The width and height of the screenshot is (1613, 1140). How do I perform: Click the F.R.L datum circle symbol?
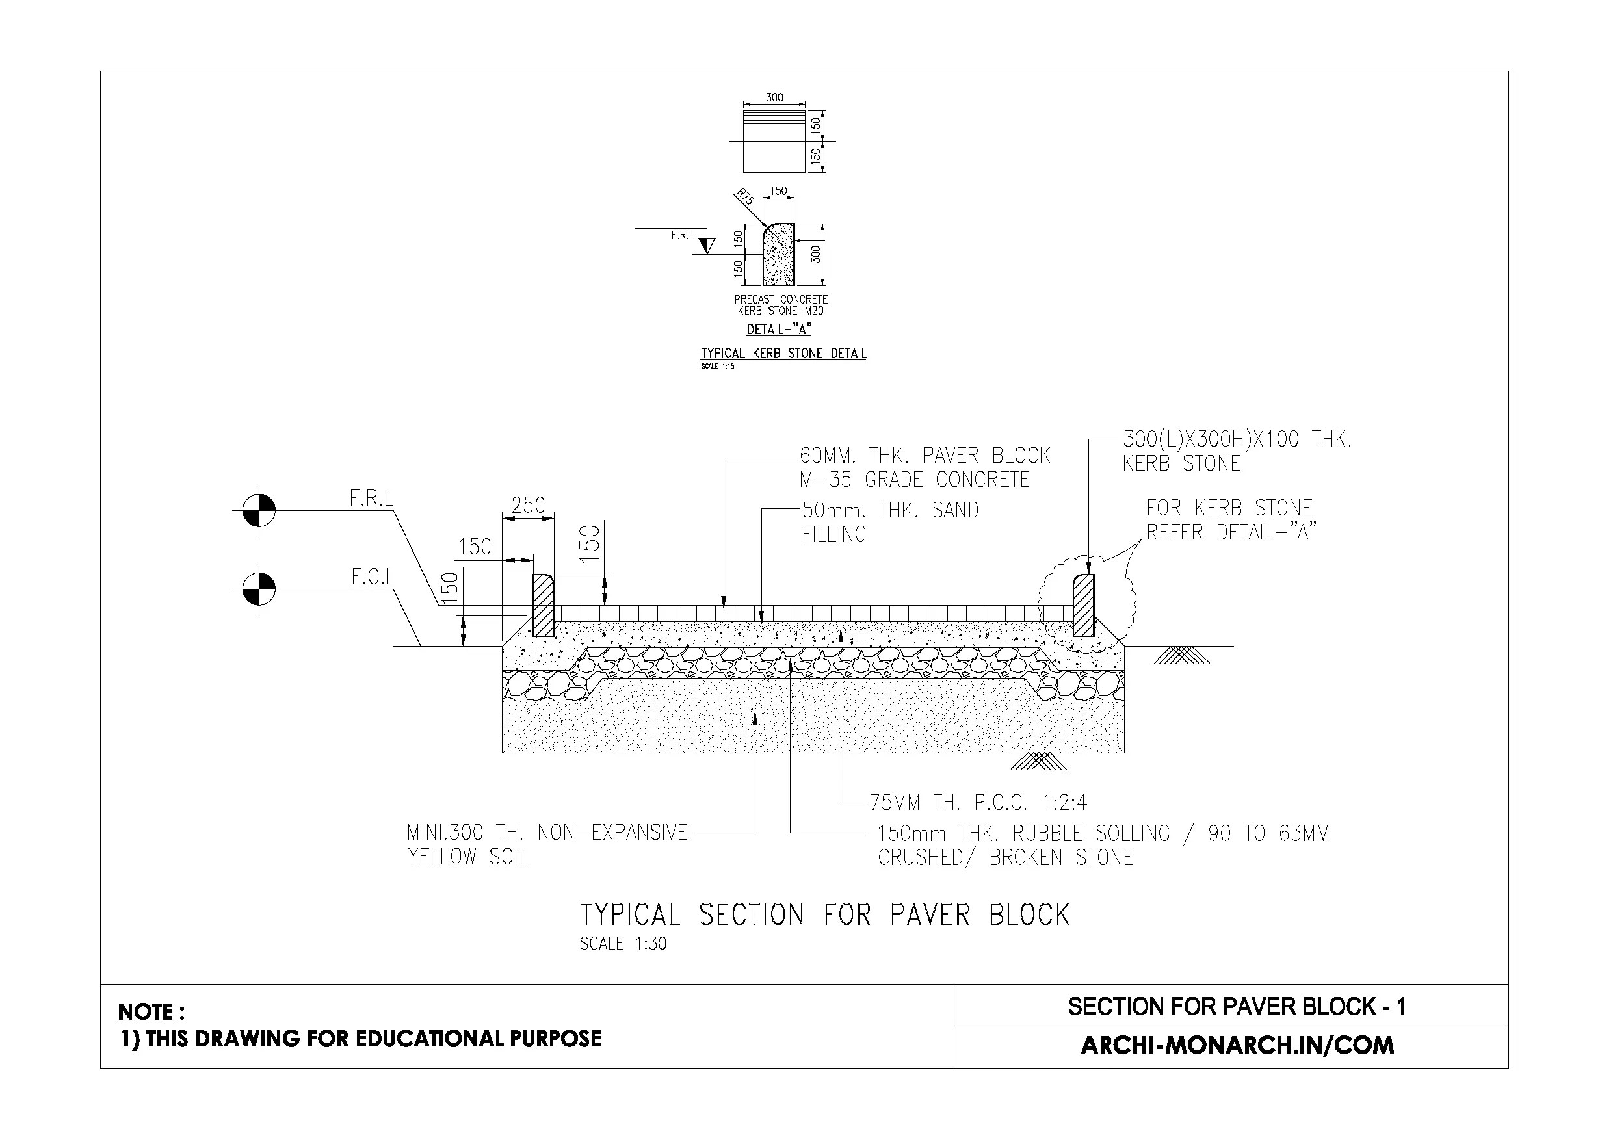(x=259, y=510)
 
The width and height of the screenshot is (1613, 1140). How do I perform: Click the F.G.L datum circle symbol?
(x=259, y=589)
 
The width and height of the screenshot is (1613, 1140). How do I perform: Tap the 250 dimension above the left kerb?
(x=529, y=505)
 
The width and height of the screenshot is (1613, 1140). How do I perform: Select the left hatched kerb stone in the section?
(x=543, y=604)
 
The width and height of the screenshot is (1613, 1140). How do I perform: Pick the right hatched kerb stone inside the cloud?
(x=1083, y=604)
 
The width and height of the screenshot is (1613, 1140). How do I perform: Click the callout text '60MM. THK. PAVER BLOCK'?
(x=925, y=456)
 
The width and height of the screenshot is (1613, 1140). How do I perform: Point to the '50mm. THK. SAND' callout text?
(x=889, y=511)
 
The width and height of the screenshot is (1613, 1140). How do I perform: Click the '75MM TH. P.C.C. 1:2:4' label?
(x=978, y=802)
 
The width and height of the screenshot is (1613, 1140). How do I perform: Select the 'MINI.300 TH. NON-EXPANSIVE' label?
(x=547, y=833)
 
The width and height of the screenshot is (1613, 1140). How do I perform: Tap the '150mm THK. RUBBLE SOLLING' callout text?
(x=1023, y=834)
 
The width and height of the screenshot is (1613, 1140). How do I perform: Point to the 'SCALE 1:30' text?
(x=622, y=943)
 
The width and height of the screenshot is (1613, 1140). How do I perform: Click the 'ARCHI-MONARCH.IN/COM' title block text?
(x=1237, y=1045)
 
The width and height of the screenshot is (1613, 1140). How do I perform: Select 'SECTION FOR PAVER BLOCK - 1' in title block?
(x=1237, y=1007)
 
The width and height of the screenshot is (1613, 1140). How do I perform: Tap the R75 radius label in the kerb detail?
(x=744, y=197)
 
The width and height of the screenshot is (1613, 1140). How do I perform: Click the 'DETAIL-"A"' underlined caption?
(x=778, y=330)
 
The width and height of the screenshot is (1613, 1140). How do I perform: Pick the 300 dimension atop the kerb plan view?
(x=774, y=97)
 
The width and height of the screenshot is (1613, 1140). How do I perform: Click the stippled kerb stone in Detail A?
(x=778, y=256)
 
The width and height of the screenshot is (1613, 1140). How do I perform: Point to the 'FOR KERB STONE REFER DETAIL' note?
(x=1229, y=520)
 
